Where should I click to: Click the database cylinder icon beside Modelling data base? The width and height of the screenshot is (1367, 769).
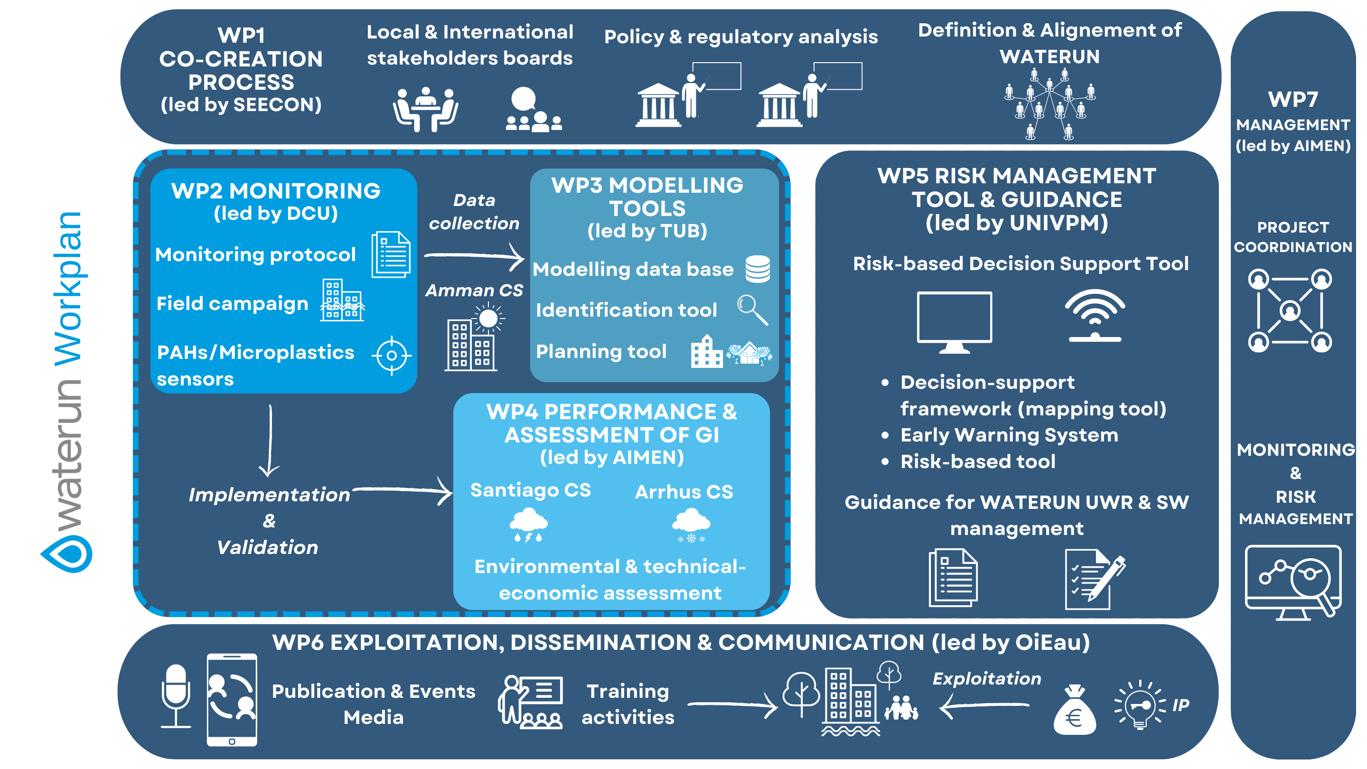click(757, 269)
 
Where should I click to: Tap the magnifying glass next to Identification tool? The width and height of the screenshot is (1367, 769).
click(752, 309)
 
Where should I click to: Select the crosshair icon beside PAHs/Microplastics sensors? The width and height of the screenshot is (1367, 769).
click(392, 356)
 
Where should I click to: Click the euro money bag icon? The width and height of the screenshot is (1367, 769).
click(1074, 711)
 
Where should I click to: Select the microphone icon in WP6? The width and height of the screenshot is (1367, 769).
click(176, 695)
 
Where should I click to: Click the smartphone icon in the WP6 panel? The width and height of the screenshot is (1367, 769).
click(232, 700)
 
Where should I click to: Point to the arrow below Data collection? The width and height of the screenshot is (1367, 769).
click(474, 256)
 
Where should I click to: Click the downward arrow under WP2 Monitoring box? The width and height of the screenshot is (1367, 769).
click(270, 441)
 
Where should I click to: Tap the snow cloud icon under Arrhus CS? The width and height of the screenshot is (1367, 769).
click(691, 525)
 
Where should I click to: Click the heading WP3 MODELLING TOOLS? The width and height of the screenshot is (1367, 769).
click(647, 197)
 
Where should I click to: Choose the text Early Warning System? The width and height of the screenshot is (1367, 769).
click(1009, 435)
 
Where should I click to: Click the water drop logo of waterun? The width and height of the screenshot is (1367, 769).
click(67, 553)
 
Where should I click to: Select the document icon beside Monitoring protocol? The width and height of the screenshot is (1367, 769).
click(391, 254)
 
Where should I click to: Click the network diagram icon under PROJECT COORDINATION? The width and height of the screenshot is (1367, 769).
click(1290, 310)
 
